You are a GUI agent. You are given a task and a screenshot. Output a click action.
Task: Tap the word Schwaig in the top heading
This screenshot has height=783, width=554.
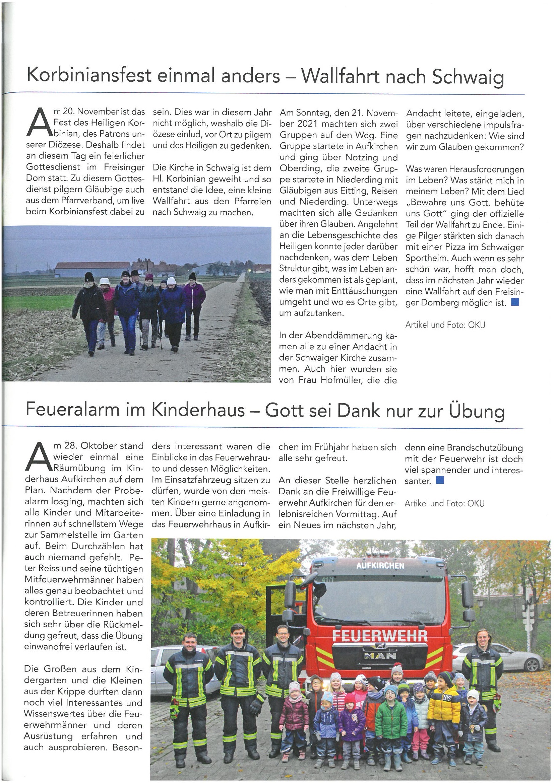pyautogui.click(x=468, y=77)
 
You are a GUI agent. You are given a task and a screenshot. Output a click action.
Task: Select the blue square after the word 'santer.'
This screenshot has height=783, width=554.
pyautogui.click(x=440, y=481)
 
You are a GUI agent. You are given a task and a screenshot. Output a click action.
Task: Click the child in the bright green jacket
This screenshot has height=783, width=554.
pyautogui.click(x=391, y=711)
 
